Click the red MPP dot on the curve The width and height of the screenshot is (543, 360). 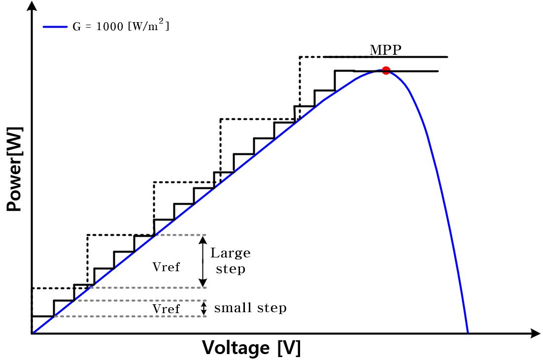point(386,71)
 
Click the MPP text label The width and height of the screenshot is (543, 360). point(385,50)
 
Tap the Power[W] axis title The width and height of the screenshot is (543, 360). point(15,169)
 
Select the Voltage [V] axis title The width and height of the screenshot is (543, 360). point(251,348)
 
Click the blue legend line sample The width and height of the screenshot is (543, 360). point(55,27)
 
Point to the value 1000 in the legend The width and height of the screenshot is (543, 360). point(109,27)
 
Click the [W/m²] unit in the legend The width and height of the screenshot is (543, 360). point(149,25)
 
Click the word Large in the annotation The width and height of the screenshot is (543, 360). point(230,253)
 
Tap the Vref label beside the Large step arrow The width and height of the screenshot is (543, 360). point(166,267)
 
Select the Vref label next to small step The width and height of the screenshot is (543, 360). point(166,309)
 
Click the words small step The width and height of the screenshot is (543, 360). point(250,308)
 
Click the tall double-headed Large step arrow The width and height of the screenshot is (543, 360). point(203,261)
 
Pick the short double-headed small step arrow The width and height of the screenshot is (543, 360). point(204,308)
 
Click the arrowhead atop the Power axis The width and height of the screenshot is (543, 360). point(32,5)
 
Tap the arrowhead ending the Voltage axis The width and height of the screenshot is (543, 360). point(536,333)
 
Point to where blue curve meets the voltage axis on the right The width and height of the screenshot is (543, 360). point(468,333)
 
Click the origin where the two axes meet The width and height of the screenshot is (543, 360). point(32,333)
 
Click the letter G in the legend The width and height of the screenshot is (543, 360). point(76,27)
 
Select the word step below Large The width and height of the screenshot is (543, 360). point(231,269)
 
